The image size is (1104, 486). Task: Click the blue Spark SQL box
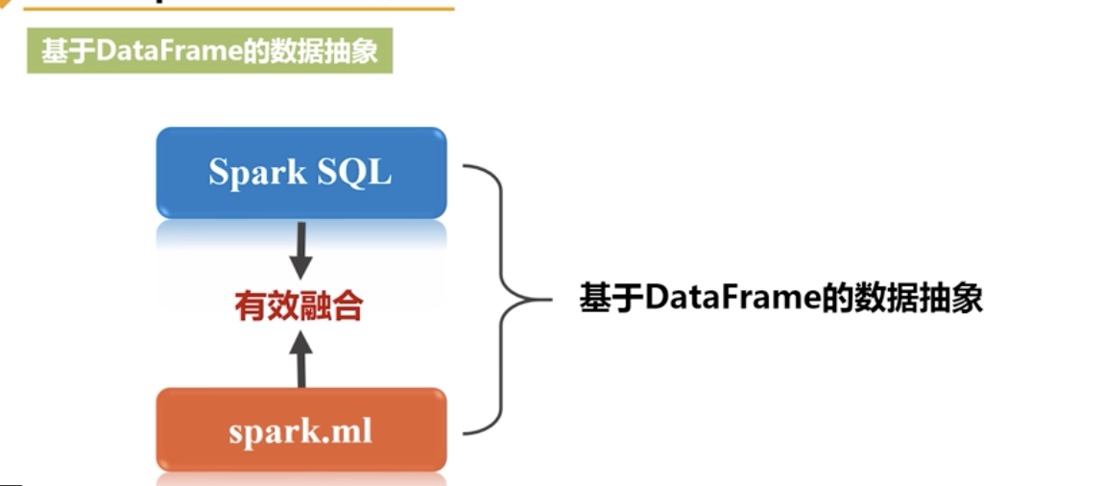[x=300, y=173]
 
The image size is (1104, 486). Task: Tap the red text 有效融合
[x=300, y=306]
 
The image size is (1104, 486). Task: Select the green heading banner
[x=209, y=51]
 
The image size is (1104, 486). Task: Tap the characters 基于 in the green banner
[x=66, y=51]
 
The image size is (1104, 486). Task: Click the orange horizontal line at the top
[x=240, y=8]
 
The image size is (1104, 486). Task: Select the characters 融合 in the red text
[x=331, y=306]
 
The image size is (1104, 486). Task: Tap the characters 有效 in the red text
[x=267, y=306]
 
